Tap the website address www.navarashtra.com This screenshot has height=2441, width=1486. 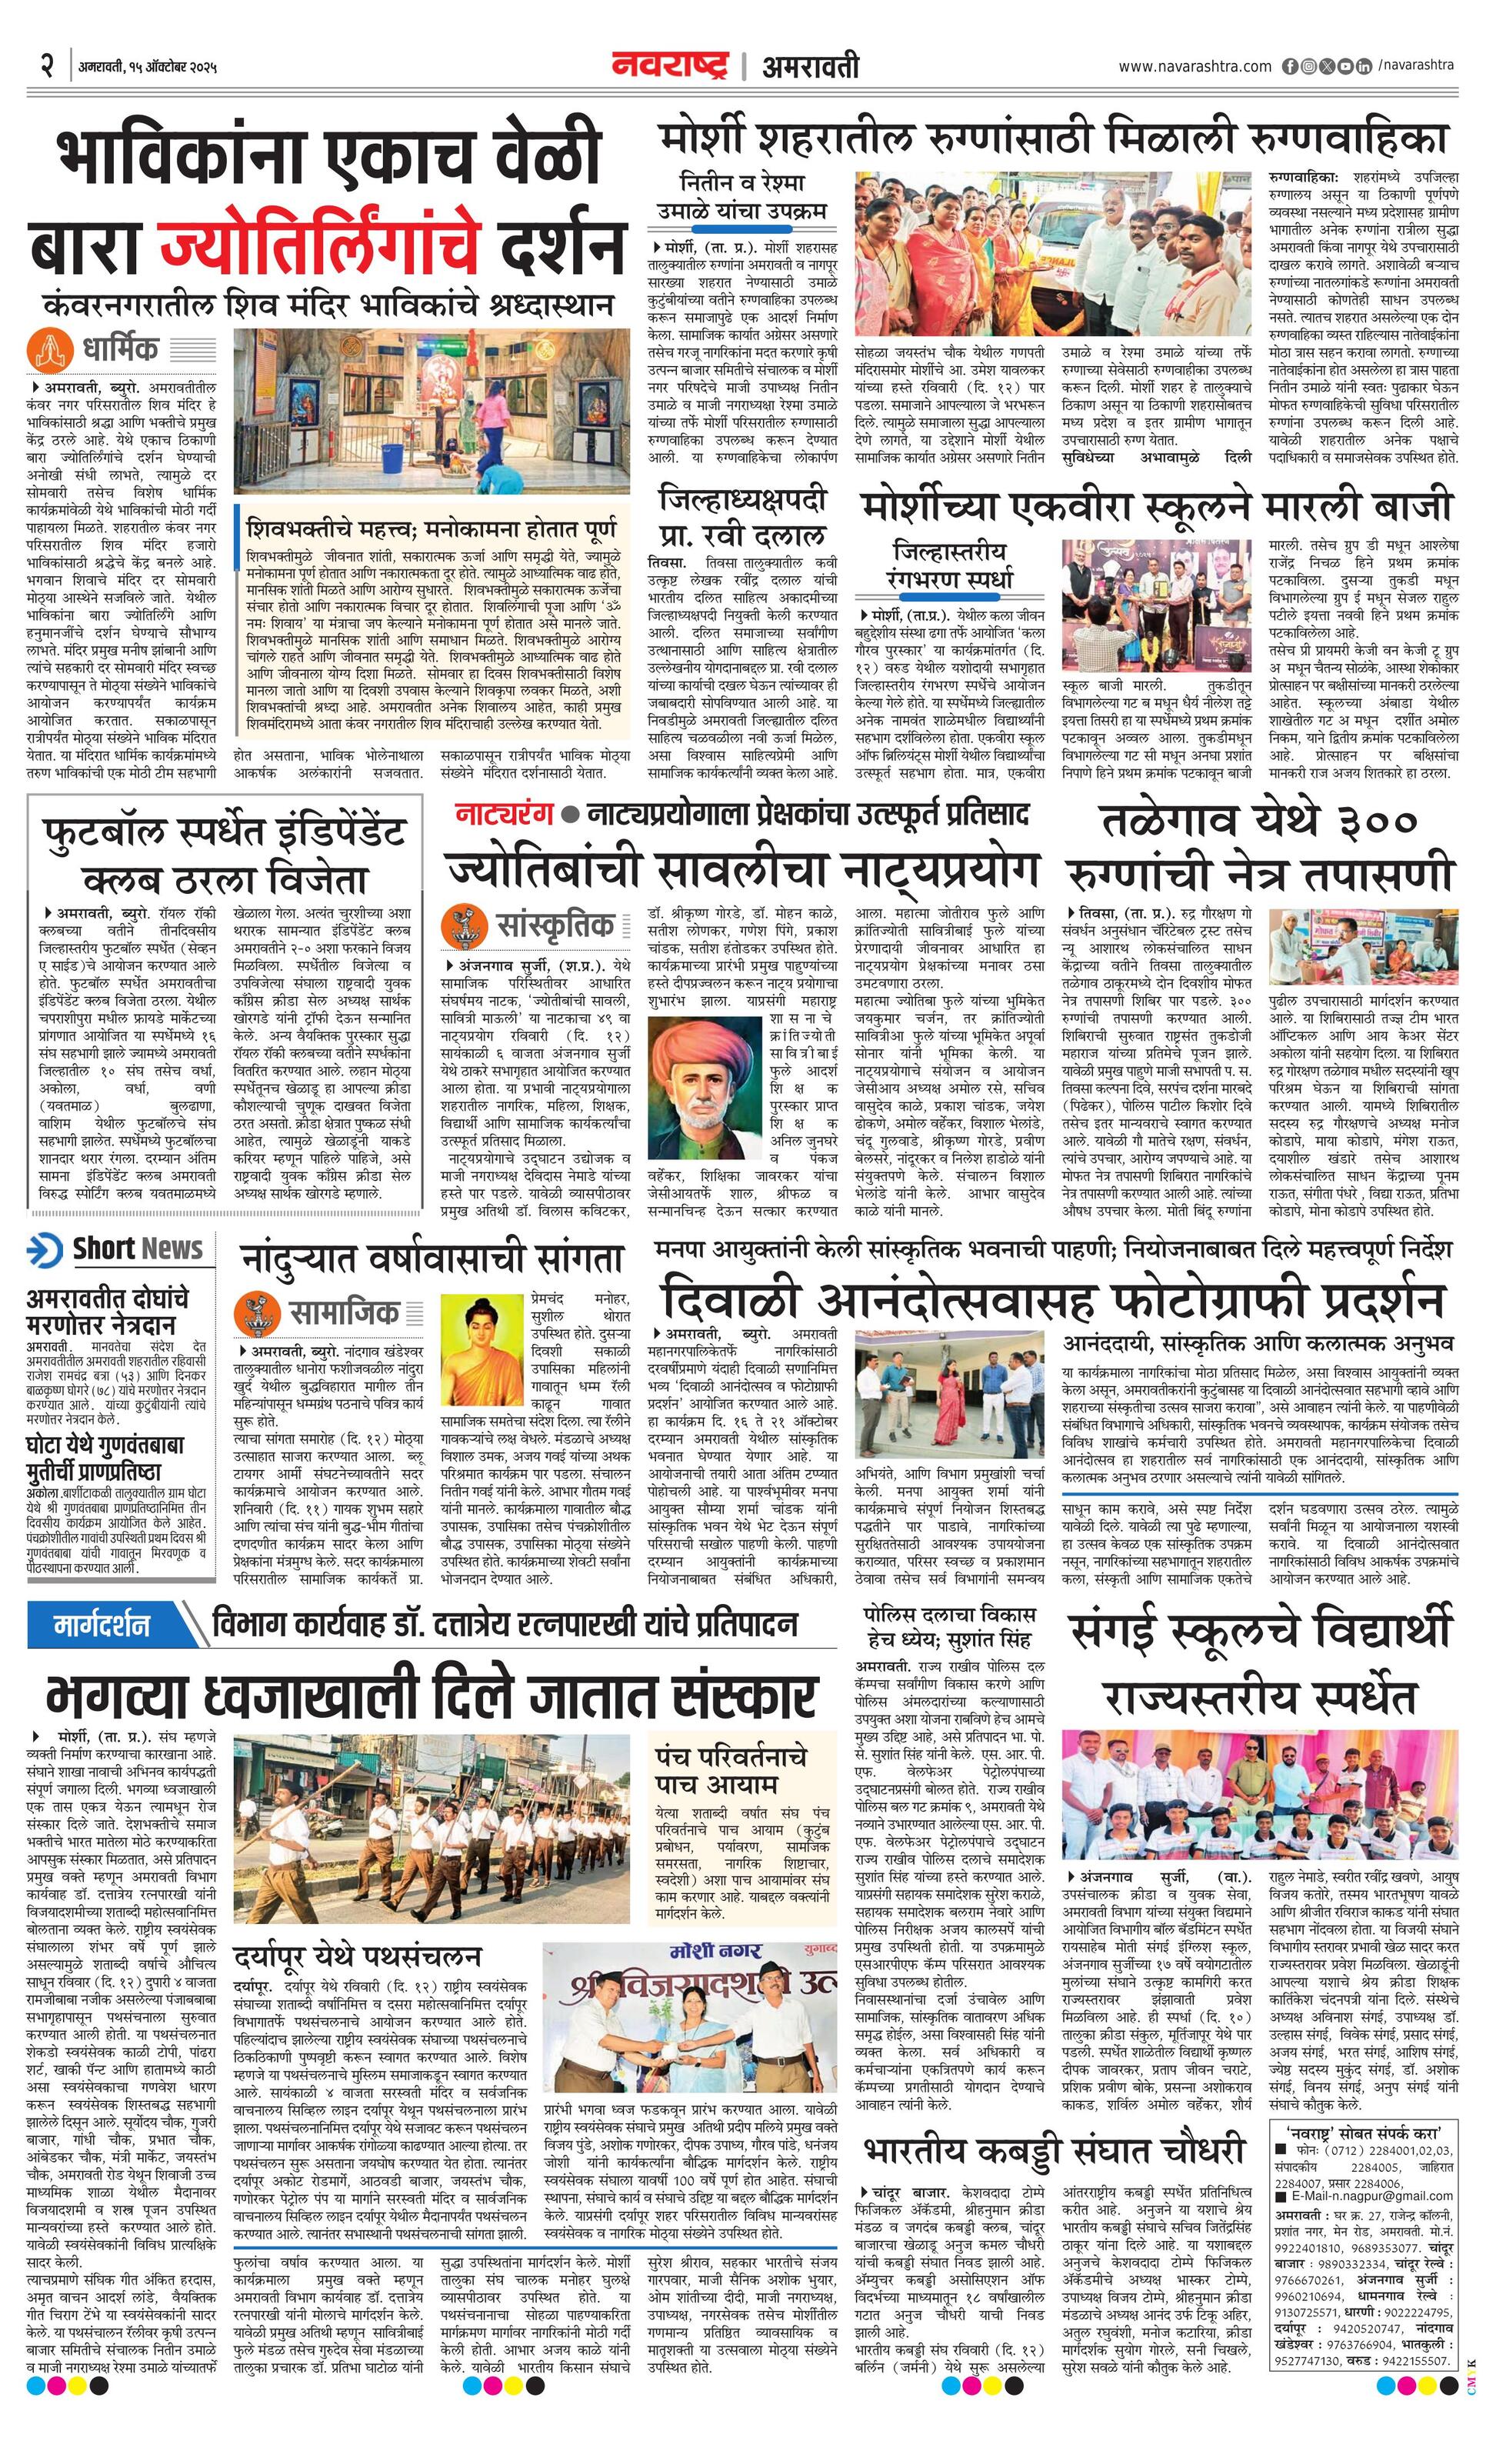(1194, 66)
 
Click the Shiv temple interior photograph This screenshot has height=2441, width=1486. (431, 410)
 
